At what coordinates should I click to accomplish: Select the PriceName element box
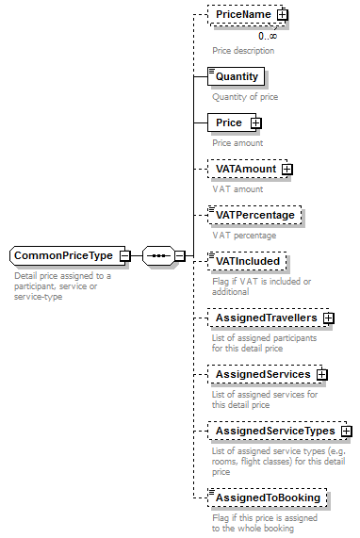[x=243, y=15]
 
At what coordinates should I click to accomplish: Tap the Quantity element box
[x=236, y=75]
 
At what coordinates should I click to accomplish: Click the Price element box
[x=229, y=122]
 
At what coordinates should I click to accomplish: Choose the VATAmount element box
[x=245, y=169]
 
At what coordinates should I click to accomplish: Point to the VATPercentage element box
[x=254, y=215]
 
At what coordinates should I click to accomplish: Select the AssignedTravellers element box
[x=266, y=318]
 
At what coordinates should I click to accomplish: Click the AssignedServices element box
[x=262, y=374]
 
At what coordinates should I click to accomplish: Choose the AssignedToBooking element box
[x=268, y=497]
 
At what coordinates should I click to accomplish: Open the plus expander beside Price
[x=255, y=122]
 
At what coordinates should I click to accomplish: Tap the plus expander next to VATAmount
[x=286, y=170]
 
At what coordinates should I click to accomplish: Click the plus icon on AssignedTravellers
[x=328, y=318]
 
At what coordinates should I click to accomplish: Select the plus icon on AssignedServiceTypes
[x=346, y=432]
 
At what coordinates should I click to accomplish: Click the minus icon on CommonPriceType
[x=124, y=256]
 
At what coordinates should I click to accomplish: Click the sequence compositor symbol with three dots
[x=157, y=255]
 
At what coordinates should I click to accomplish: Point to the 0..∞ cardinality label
[x=268, y=36]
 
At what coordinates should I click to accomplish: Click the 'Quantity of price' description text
[x=245, y=96]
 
